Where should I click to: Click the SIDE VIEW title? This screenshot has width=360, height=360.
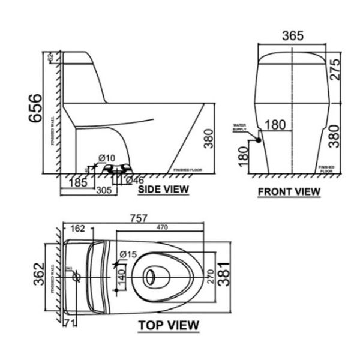[x=163, y=190]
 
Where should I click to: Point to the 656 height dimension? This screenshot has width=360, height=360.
[x=35, y=108]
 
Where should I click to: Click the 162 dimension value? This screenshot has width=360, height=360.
[x=77, y=228]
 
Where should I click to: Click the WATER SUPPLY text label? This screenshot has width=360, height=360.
[x=240, y=127]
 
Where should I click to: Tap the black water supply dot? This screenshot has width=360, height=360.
[x=257, y=140]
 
